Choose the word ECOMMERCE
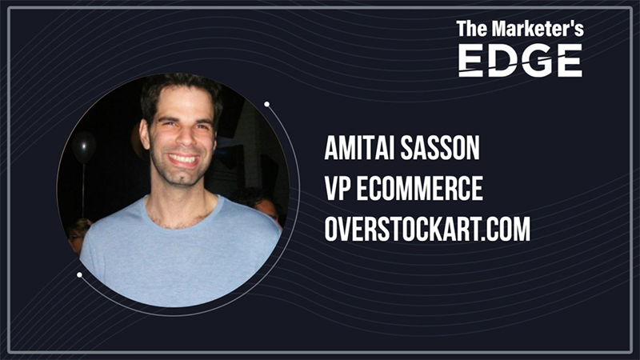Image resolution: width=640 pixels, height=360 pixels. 423,190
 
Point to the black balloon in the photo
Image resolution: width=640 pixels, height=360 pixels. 84,146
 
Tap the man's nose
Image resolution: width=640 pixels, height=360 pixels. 182,138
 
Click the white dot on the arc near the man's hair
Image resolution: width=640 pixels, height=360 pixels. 266,103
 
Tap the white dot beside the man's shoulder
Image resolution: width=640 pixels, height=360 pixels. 79,274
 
